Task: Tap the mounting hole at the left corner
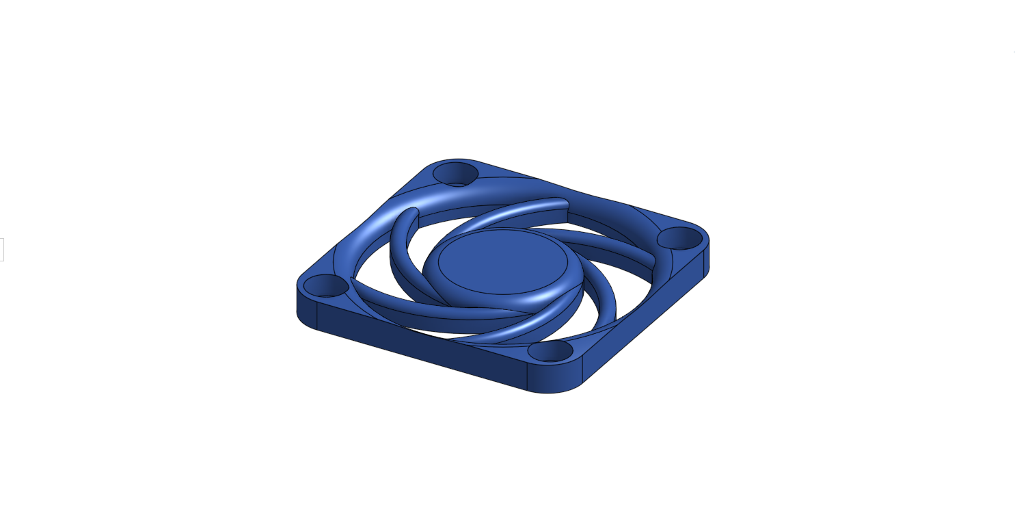[x=325, y=285]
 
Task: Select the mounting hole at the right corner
[x=680, y=238]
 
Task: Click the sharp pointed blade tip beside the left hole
[x=353, y=280]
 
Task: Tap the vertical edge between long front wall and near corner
[x=527, y=377]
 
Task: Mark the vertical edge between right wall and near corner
[x=582, y=370]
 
